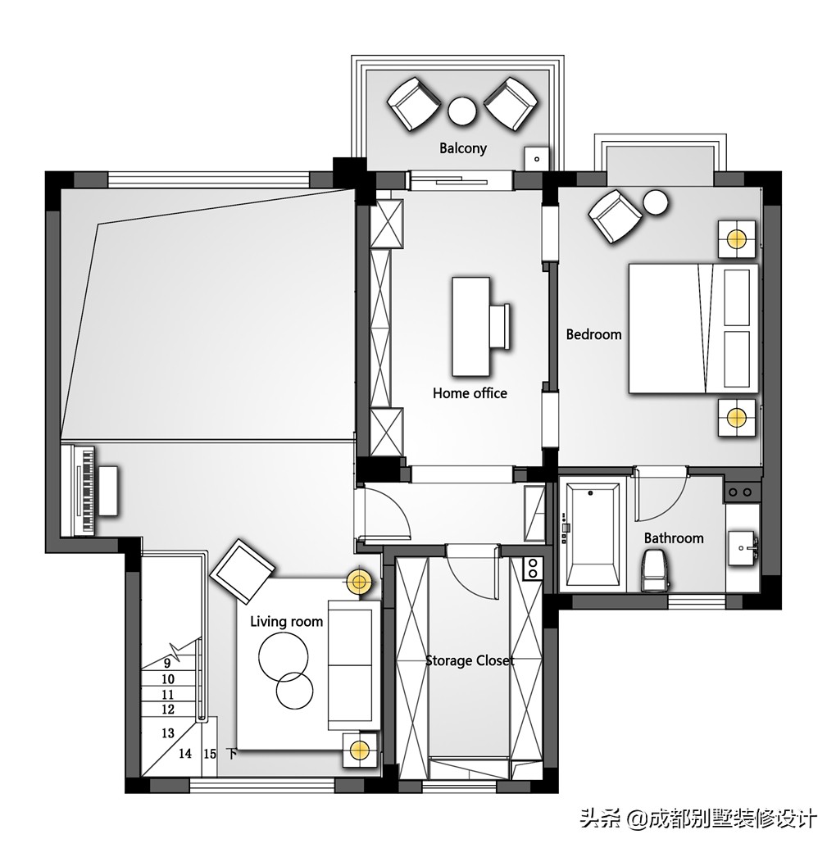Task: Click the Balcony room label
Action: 462,147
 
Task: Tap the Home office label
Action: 470,393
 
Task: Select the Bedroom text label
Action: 593,334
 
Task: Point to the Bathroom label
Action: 674,538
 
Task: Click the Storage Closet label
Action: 470,660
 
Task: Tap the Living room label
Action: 286,622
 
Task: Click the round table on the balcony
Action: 462,111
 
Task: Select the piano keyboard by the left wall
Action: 79,490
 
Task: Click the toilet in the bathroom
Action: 655,570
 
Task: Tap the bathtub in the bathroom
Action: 593,534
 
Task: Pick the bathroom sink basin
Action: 743,548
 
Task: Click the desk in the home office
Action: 471,327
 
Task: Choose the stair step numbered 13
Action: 168,732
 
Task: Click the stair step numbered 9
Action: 167,663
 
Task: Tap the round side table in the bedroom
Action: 655,203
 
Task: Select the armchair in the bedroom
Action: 615,216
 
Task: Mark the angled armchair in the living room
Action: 243,570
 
